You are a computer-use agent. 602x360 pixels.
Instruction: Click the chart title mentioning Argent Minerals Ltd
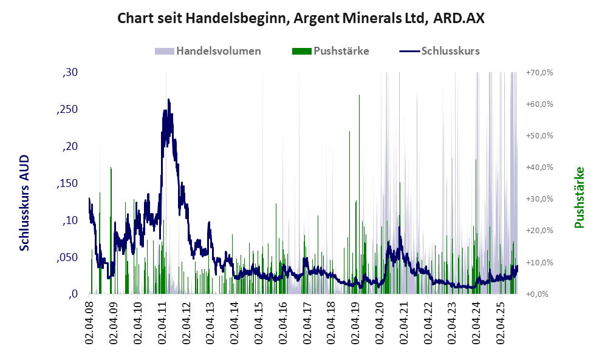(301, 18)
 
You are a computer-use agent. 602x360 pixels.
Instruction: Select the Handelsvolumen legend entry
(208, 51)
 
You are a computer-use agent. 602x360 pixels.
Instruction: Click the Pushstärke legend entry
(330, 51)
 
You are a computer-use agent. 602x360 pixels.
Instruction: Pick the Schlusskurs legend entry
(440, 51)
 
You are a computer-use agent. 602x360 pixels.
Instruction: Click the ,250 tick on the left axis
(67, 110)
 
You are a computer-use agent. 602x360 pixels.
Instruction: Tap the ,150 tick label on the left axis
(67, 183)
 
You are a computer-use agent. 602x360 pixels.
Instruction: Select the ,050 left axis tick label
(67, 257)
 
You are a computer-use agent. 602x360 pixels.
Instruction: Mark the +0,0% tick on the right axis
(540, 294)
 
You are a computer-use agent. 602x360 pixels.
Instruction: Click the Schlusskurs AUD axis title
(25, 202)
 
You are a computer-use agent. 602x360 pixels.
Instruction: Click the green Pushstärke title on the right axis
(579, 198)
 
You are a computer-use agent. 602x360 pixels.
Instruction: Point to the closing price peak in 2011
(168, 101)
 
